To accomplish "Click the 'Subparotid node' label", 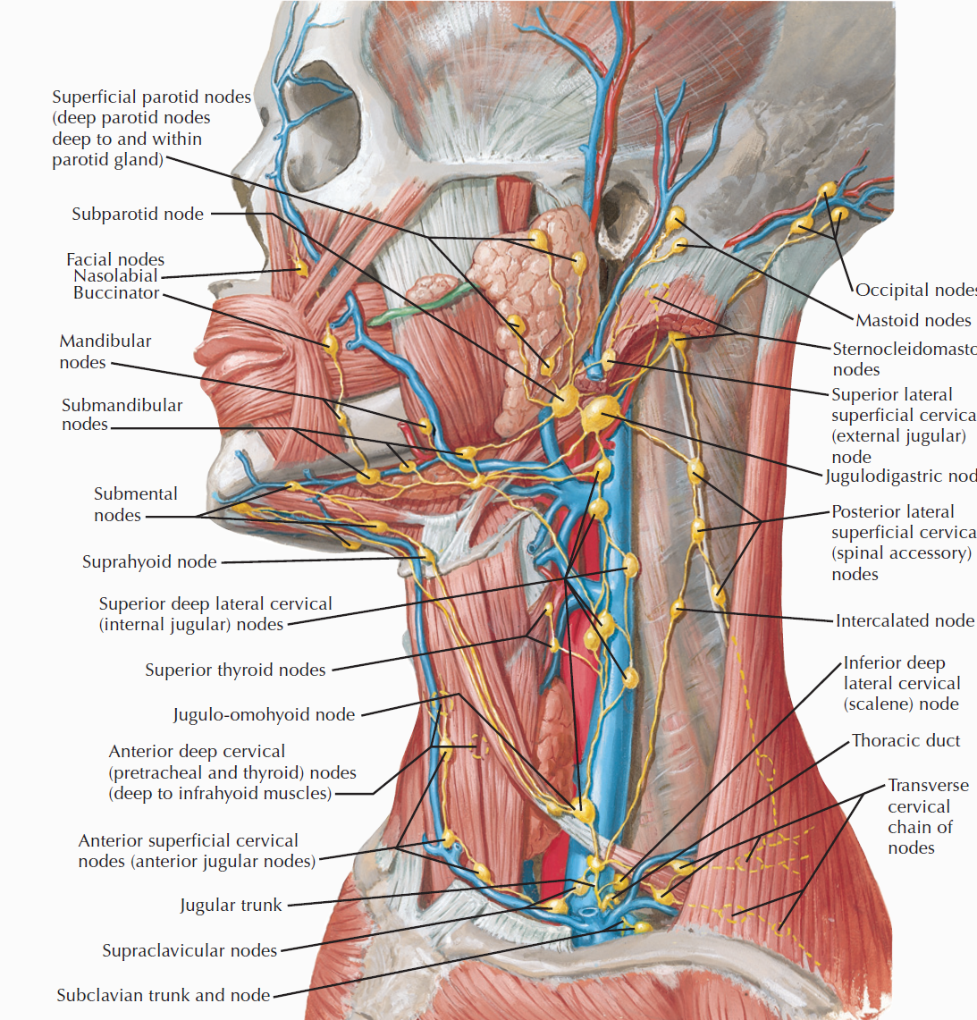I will pyautogui.click(x=138, y=215).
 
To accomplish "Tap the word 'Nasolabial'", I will pyautogui.click(x=115, y=276).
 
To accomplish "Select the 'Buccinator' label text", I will pyautogui.click(x=116, y=293).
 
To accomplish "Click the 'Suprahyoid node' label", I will pyautogui.click(x=149, y=562).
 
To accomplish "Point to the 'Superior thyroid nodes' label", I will pyautogui.click(x=235, y=670).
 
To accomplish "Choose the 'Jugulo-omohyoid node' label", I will pyautogui.click(x=264, y=715).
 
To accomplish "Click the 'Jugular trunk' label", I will pyautogui.click(x=231, y=906).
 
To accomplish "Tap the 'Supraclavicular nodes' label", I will pyautogui.click(x=190, y=951).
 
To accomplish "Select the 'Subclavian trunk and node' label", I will pyautogui.click(x=163, y=996).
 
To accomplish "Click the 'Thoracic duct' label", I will pyautogui.click(x=905, y=741).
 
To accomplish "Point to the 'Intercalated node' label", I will pyautogui.click(x=905, y=621).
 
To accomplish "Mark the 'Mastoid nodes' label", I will pyautogui.click(x=913, y=321).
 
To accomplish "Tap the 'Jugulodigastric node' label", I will pyautogui.click(x=900, y=476).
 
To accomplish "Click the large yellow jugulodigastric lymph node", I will pyautogui.click(x=600, y=412).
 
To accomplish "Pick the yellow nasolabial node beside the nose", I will pyautogui.click(x=301, y=266).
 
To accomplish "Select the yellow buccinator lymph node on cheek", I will pyautogui.click(x=331, y=342).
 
